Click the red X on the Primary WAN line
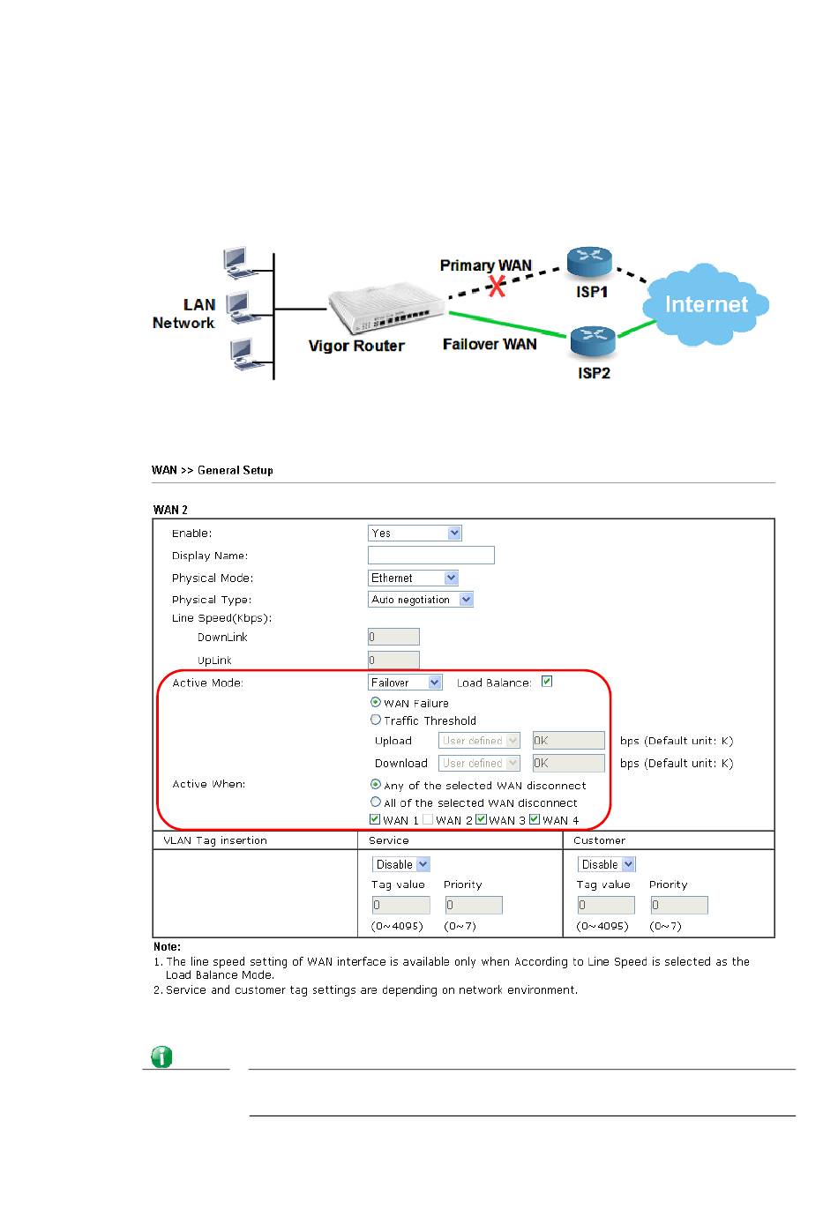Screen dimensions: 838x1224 click(498, 285)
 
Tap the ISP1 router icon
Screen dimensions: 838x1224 click(589, 261)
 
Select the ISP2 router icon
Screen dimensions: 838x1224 click(593, 340)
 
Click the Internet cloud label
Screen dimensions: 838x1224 click(706, 304)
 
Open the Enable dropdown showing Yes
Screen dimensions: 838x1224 click(415, 533)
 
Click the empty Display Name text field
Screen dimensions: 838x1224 click(430, 556)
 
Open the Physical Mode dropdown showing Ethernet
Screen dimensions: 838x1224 click(413, 578)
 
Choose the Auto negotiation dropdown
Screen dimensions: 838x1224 click(421, 600)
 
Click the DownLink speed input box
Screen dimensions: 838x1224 click(393, 637)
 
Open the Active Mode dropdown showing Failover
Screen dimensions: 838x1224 click(405, 683)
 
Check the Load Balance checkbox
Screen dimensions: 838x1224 click(547, 682)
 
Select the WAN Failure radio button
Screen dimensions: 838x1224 click(376, 703)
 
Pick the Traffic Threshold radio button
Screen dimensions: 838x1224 click(376, 720)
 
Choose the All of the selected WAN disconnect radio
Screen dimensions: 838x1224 click(376, 802)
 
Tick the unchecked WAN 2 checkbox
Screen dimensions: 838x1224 click(428, 819)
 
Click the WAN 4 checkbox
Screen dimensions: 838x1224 click(535, 819)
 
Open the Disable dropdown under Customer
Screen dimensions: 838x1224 click(606, 864)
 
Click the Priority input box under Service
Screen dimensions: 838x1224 click(473, 905)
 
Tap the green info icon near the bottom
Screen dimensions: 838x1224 click(161, 1056)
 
